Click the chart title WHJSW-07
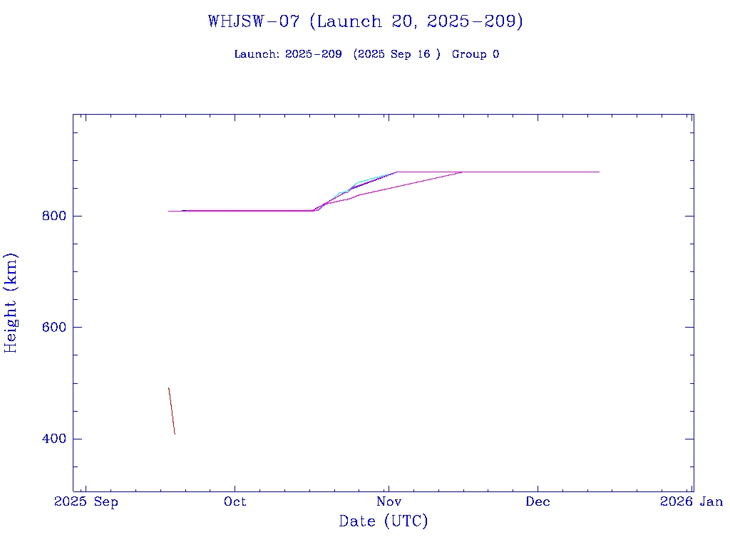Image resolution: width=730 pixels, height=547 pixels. coord(253,21)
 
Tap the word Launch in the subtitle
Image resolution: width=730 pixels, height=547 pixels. coord(256,54)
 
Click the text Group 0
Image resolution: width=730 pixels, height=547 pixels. coord(475,54)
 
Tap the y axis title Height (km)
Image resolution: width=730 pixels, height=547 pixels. coord(11,303)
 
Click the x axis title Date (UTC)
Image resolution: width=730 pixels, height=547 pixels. coord(384,521)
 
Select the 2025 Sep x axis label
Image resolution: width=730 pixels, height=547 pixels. coord(86,501)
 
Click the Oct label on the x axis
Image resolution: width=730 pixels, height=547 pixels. coord(235,501)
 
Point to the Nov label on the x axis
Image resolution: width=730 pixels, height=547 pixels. coord(389,501)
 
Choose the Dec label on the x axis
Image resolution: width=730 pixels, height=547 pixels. coord(538,501)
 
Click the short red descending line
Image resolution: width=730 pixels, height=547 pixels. coord(171,410)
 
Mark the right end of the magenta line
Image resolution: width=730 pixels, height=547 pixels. coord(599,172)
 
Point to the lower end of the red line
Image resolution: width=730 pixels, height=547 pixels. coord(175,433)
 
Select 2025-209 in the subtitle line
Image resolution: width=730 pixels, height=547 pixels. coord(313,54)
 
